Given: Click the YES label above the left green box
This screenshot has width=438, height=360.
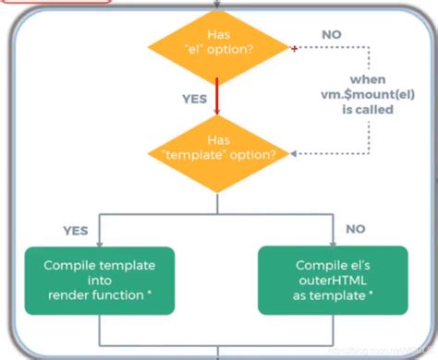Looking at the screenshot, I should [x=76, y=230].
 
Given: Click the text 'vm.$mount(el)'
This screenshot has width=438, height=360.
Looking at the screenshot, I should [x=359, y=94].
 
